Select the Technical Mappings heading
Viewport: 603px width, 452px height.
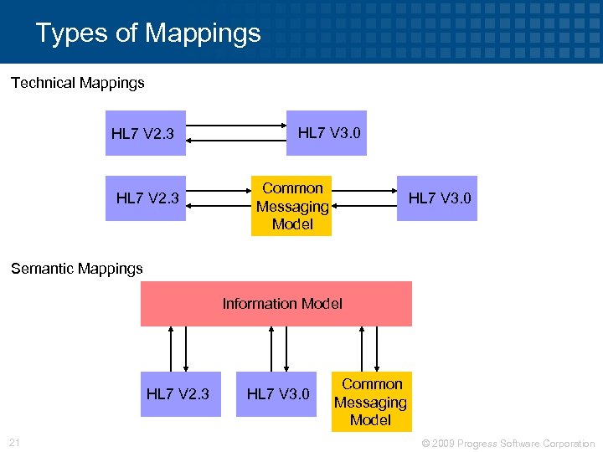coord(77,83)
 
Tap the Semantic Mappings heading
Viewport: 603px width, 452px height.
coord(76,269)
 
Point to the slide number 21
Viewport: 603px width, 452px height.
coord(14,442)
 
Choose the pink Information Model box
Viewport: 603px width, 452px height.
coord(276,303)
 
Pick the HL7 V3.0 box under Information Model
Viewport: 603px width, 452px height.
coord(276,393)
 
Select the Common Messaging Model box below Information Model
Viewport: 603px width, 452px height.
coord(372,402)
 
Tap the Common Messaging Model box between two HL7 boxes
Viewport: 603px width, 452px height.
coord(291,206)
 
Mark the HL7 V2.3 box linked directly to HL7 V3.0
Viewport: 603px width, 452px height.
coord(146,133)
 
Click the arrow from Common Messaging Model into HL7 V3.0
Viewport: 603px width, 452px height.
coord(364,191)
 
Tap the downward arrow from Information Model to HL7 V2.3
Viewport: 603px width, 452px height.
coord(186,348)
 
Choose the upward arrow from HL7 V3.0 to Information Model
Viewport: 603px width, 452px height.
coord(271,348)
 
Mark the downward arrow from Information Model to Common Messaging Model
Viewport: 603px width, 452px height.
coord(377,348)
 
